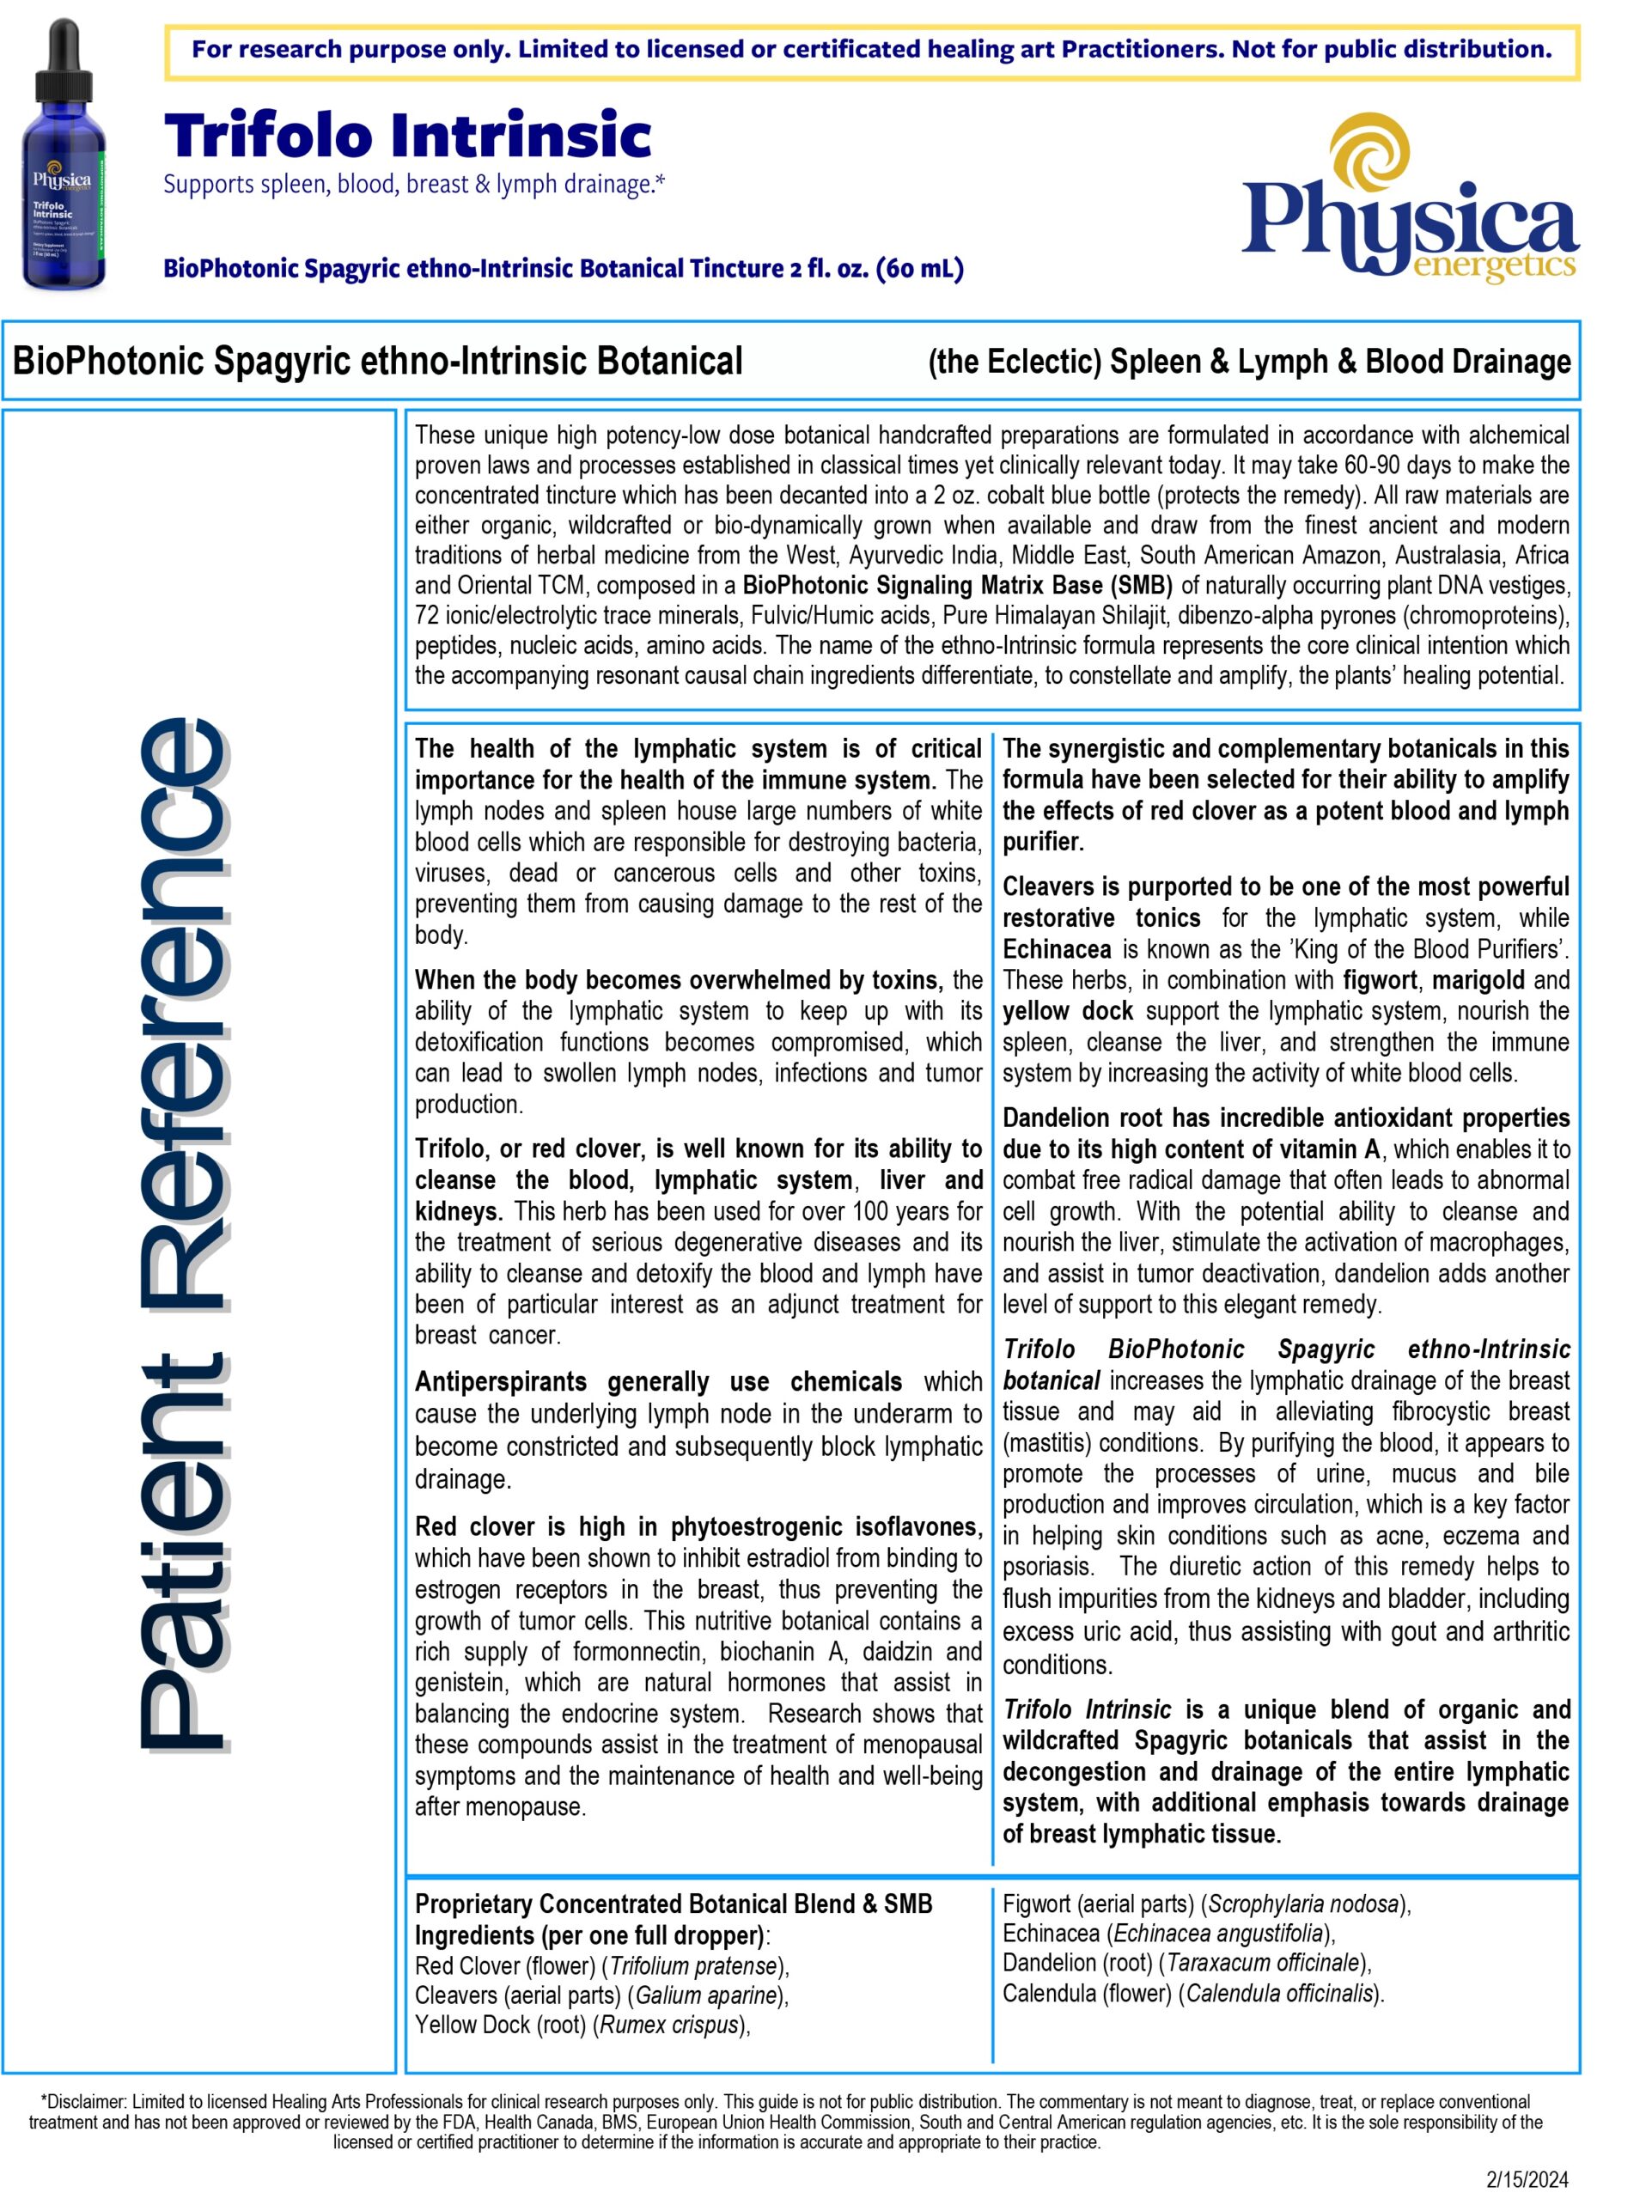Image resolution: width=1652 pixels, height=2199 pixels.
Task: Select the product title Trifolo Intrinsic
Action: tap(407, 137)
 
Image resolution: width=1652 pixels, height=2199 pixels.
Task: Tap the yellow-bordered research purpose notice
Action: tap(872, 51)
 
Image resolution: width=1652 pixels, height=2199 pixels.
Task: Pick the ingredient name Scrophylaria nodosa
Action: tap(1303, 1904)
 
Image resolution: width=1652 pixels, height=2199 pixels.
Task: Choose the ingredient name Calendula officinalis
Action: tap(1280, 1993)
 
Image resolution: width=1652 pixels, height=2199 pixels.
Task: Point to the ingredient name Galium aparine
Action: tap(705, 1995)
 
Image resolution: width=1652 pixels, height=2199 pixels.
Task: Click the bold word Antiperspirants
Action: tap(500, 1383)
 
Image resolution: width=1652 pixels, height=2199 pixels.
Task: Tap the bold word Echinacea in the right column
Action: tap(1056, 949)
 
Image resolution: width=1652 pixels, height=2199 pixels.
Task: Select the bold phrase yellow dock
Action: tap(1067, 1011)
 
